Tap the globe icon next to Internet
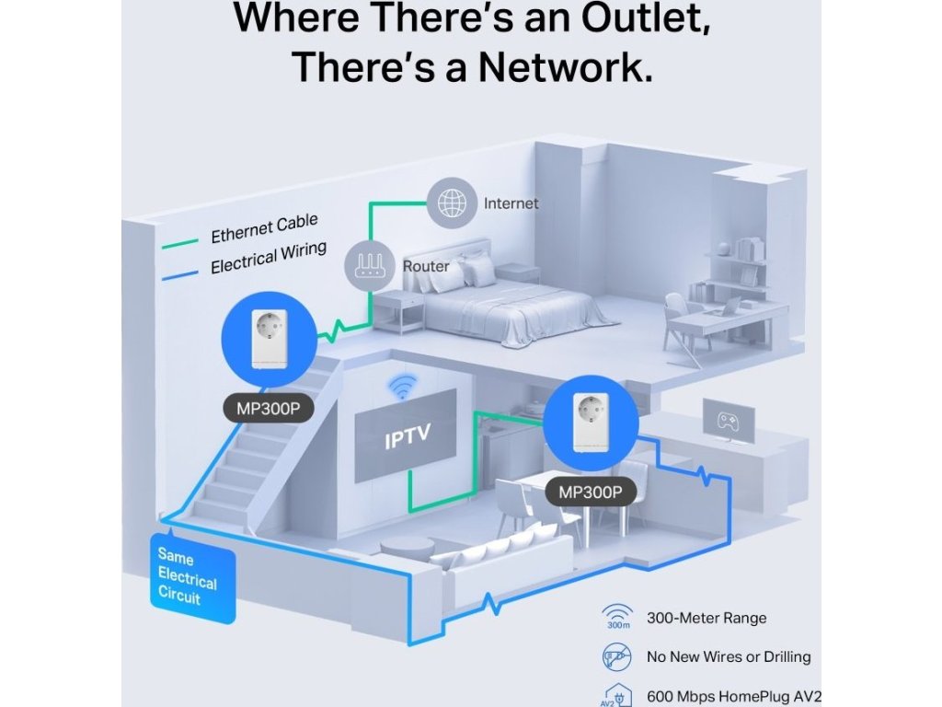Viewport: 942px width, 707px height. click(x=451, y=203)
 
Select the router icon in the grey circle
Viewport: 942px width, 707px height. click(x=368, y=265)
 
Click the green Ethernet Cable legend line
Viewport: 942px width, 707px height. click(x=180, y=245)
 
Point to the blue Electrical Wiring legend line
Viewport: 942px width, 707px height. click(x=180, y=273)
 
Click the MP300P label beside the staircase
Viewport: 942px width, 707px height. click(x=268, y=409)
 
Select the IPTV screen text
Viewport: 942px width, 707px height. click(x=408, y=438)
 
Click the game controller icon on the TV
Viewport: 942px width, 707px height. click(x=729, y=421)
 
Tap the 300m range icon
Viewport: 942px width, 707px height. click(x=615, y=618)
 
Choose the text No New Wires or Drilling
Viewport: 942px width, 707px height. click(x=729, y=657)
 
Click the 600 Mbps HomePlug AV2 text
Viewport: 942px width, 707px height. click(x=733, y=696)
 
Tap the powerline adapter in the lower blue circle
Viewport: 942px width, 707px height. click(x=590, y=423)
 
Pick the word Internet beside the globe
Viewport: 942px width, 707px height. click(x=511, y=203)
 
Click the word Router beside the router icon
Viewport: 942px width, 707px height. click(x=426, y=266)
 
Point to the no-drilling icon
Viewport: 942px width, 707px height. click(x=615, y=656)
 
